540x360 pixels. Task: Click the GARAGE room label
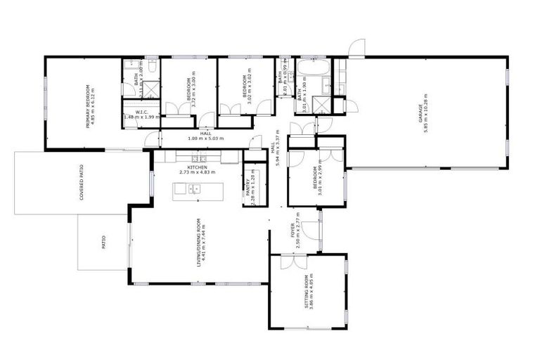pos(420,112)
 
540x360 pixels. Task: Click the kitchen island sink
pos(194,188)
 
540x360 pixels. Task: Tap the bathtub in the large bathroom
pos(310,68)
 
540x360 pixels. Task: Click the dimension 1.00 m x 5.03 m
pos(205,139)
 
